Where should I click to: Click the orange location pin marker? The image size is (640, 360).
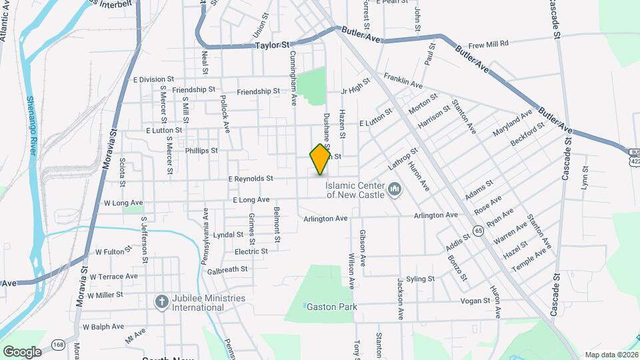point(321,159)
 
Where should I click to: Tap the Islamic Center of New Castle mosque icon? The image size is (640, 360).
point(394,190)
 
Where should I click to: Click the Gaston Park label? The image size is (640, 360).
point(332,307)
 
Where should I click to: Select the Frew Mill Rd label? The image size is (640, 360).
point(488,44)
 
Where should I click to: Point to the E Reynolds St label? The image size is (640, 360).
point(251,179)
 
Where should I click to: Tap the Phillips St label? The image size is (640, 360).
point(201,151)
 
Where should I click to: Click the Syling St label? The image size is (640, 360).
point(420,279)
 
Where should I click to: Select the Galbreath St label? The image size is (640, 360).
point(227,269)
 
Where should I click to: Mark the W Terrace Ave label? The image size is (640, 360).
point(113,276)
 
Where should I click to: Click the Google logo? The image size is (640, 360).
point(21,351)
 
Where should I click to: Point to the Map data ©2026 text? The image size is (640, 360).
point(611,355)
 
